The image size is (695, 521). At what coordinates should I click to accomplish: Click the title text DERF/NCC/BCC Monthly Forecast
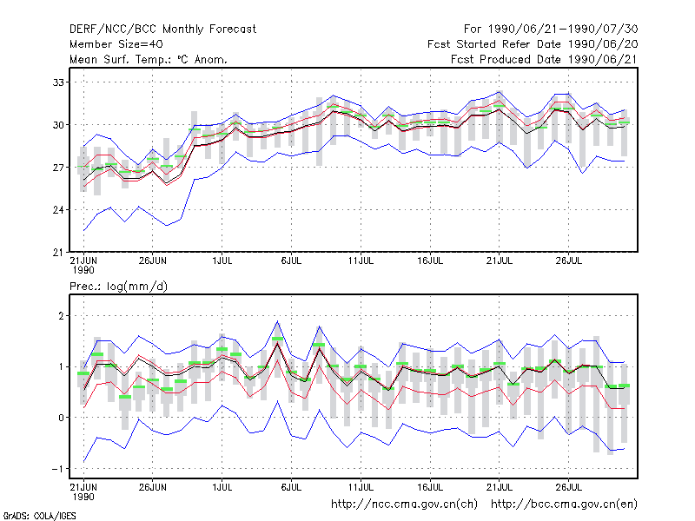tap(162, 30)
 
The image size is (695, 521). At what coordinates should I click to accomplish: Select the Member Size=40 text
tap(116, 44)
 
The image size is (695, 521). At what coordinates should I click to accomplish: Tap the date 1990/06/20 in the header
tap(603, 44)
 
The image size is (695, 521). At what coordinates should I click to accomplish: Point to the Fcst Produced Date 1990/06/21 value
tap(545, 59)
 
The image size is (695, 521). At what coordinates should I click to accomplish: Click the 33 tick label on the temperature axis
tap(58, 82)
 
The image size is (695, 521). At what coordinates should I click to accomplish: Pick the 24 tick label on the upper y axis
tap(58, 210)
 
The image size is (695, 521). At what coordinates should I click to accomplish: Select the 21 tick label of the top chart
tap(58, 253)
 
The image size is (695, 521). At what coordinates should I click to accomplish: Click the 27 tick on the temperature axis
tap(58, 168)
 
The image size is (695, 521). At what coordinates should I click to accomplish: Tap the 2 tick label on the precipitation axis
tap(61, 316)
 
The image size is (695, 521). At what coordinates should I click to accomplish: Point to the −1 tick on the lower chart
tap(57, 469)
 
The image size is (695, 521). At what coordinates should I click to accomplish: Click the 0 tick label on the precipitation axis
tap(61, 418)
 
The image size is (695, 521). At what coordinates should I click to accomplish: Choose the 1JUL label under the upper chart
tap(222, 261)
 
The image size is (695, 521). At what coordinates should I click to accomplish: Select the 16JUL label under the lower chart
tap(430, 487)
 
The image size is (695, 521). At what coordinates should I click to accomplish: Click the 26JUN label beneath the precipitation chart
tap(153, 487)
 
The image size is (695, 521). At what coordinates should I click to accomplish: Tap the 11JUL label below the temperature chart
tap(361, 261)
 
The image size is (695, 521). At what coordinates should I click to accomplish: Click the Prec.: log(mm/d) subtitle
tap(118, 287)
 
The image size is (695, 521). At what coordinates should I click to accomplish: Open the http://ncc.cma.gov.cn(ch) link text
tap(404, 505)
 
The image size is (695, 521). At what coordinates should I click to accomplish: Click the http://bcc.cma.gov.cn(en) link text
tap(564, 505)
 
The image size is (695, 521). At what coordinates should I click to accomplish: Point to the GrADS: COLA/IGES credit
tap(39, 516)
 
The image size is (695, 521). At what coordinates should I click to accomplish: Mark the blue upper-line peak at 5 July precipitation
tap(277, 321)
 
